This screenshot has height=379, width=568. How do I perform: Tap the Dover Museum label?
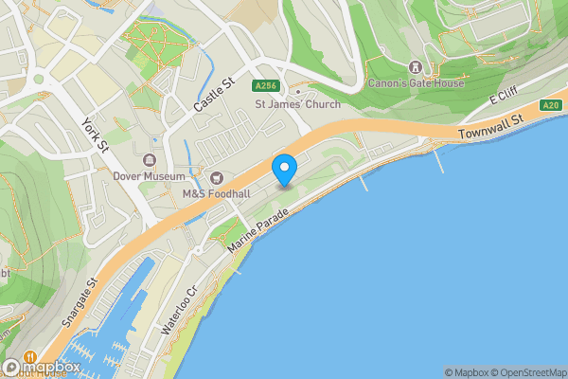[x=150, y=175]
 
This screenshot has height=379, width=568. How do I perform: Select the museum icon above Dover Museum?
[x=150, y=159]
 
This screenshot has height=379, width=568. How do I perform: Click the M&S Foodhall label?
[x=216, y=193]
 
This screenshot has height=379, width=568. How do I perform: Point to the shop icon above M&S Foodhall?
[x=216, y=177]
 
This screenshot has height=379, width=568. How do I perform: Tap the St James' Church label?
[x=298, y=103]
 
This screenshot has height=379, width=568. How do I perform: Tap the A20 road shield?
[x=551, y=105]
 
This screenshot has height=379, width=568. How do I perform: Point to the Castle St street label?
[x=212, y=94]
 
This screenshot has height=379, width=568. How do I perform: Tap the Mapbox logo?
[x=40, y=367]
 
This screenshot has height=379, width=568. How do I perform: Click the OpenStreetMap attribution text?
[x=526, y=372]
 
